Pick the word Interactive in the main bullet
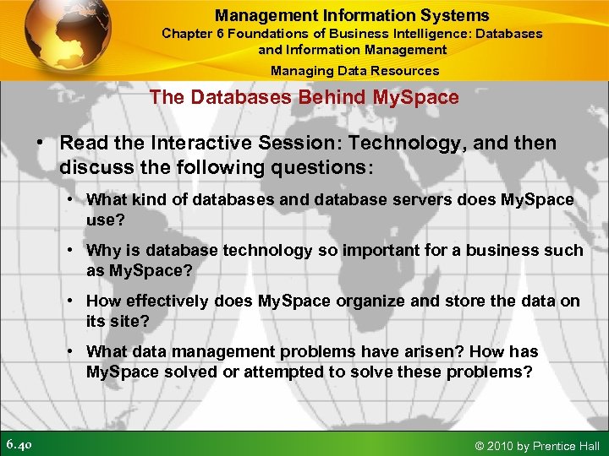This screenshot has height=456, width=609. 192,144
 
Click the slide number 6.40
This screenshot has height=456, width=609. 19,444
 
